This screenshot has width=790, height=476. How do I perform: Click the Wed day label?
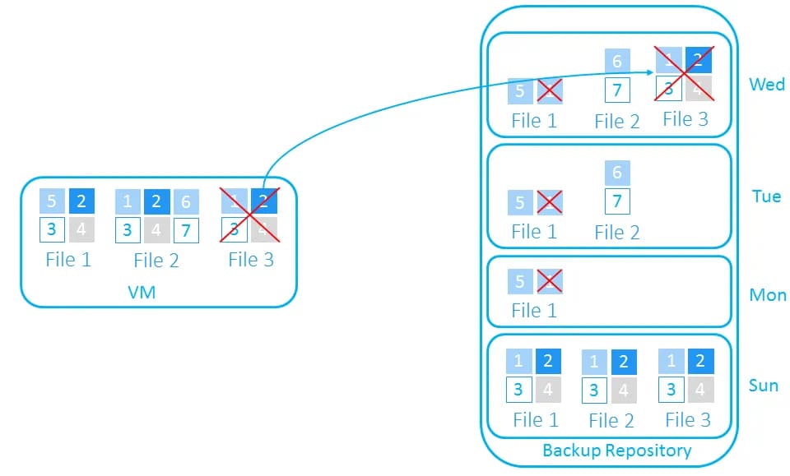click(x=766, y=85)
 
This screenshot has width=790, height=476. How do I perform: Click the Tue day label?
click(x=765, y=197)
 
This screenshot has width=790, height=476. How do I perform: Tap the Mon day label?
click(x=767, y=295)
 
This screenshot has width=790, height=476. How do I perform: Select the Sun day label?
click(x=764, y=386)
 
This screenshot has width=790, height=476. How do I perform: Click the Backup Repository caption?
click(x=616, y=451)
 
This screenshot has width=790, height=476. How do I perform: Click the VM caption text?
click(x=142, y=291)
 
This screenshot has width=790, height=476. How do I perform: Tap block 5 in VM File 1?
click(x=52, y=202)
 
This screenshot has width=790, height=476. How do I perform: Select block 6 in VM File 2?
click(x=186, y=202)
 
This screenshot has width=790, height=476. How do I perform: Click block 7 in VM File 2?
click(x=186, y=230)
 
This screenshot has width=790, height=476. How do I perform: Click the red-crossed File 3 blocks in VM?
click(x=249, y=215)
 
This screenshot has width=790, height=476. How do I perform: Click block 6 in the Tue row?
click(x=617, y=173)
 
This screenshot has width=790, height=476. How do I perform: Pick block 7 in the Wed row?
click(x=617, y=89)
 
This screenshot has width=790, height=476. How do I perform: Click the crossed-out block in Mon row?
click(x=549, y=281)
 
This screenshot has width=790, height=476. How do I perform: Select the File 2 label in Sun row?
click(x=611, y=420)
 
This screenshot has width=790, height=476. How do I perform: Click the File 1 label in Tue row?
click(x=534, y=232)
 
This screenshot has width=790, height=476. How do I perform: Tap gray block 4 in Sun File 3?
click(x=700, y=389)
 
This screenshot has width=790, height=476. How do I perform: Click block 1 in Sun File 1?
click(x=519, y=361)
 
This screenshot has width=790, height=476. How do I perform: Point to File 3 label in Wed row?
click(x=685, y=119)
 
